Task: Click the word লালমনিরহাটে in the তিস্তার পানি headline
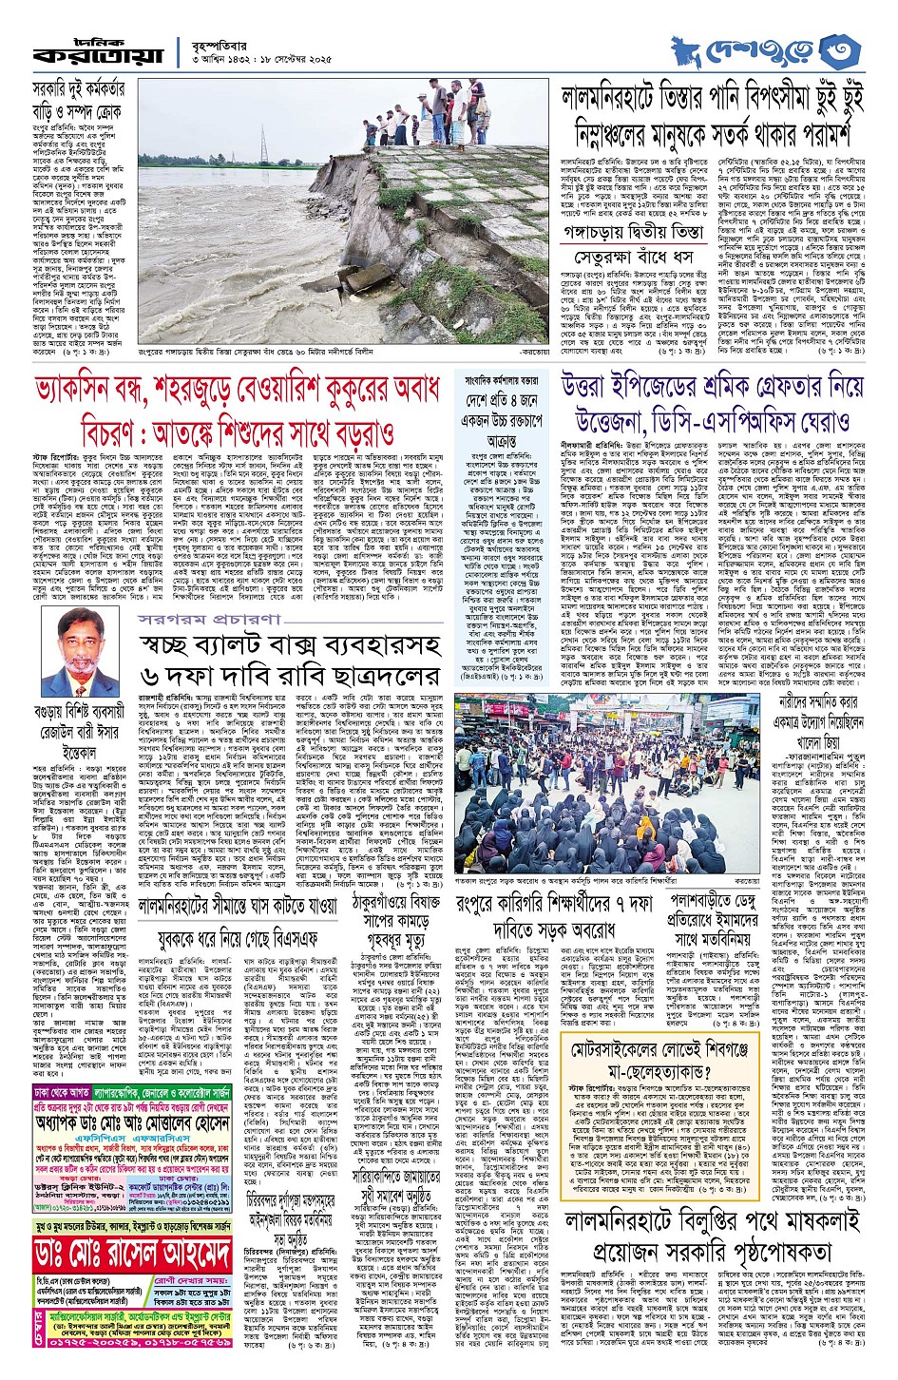[619, 96]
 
